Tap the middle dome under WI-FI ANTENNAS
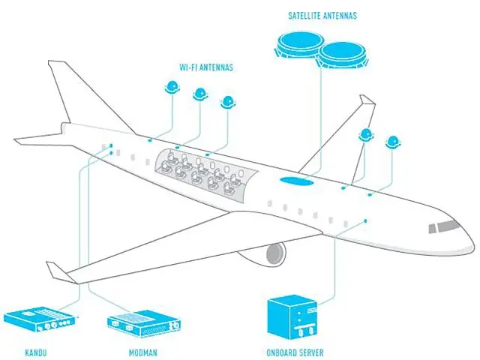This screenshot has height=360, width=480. (x=200, y=94)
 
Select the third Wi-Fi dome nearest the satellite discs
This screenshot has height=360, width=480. (x=227, y=103)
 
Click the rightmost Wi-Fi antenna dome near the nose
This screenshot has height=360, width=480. (x=392, y=142)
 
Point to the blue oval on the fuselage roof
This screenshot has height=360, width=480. (x=298, y=180)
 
